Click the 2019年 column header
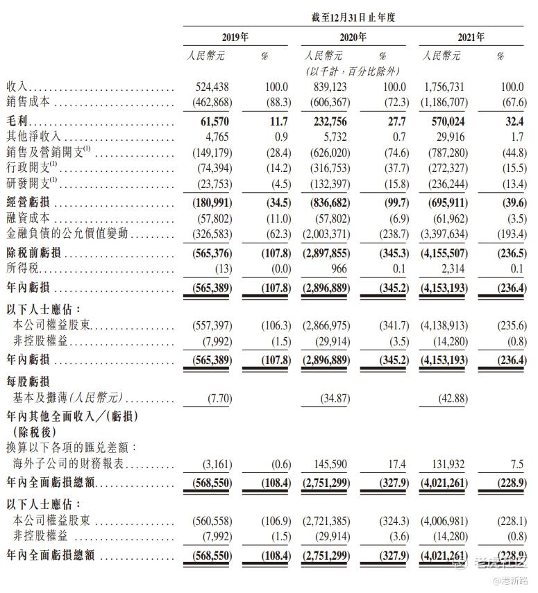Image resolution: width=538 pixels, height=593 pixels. (x=235, y=37)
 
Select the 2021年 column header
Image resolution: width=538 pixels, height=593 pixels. (x=471, y=37)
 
